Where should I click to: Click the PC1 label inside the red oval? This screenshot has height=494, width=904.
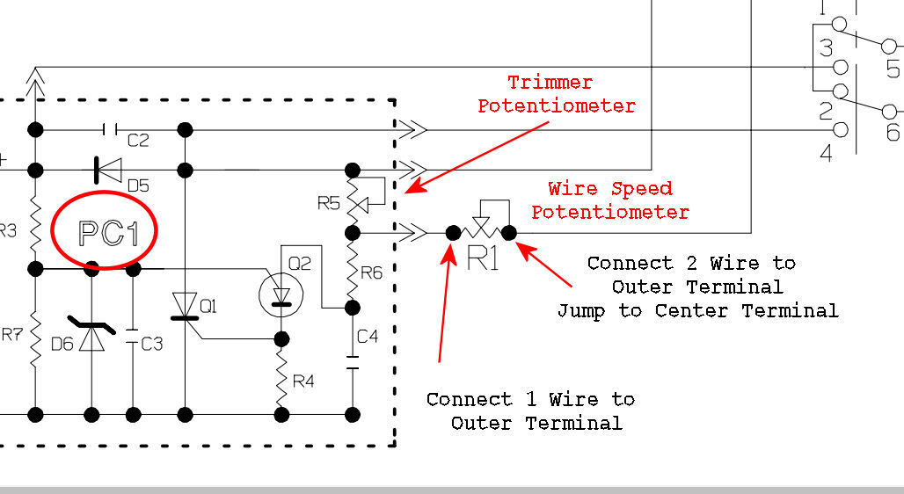coord(105,232)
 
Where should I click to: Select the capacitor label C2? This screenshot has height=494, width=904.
coord(138,140)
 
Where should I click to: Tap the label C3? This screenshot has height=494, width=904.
coord(151,344)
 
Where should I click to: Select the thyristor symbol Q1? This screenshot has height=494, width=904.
coord(185,307)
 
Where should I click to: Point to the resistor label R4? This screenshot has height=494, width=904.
coord(303,381)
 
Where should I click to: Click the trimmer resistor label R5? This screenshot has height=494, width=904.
coord(327,204)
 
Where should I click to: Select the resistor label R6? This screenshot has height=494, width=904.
coord(372,272)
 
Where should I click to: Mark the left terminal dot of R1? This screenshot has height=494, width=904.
coord(453,233)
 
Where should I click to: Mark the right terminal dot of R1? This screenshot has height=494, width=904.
coord(509,233)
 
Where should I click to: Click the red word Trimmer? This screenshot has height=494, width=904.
coord(550,83)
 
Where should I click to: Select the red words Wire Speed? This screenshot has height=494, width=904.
coord(610,188)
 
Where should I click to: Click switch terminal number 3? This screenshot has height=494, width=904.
coord(826,47)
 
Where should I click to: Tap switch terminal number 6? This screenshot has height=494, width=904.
coord(893,132)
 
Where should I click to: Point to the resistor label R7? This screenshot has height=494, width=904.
coord(11,335)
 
